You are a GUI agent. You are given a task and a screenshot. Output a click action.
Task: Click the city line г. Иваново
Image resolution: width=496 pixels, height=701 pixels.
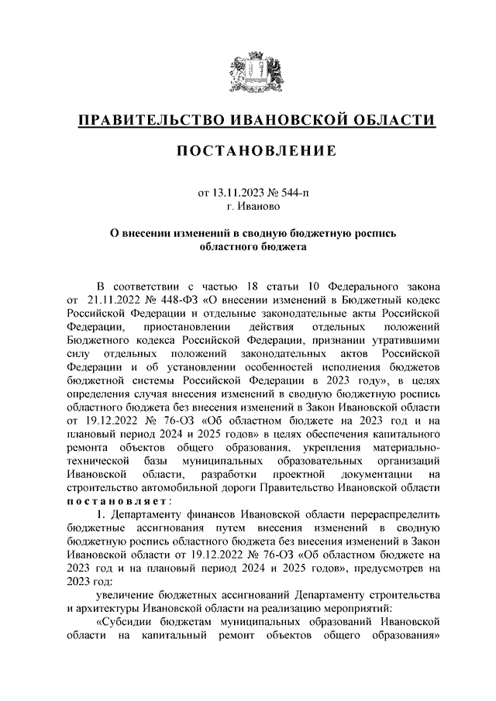tap(247, 207)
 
